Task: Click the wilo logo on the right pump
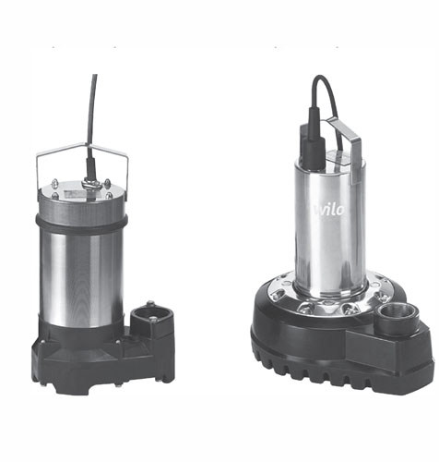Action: point(329,209)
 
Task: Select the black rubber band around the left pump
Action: point(81,223)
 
